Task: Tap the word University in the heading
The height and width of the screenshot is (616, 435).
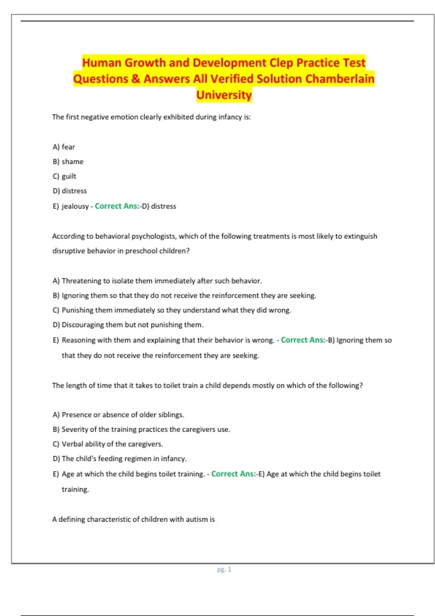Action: pyautogui.click(x=224, y=95)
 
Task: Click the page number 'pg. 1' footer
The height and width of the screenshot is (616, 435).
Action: pyautogui.click(x=224, y=569)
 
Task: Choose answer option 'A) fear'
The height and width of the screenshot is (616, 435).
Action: pyautogui.click(x=64, y=147)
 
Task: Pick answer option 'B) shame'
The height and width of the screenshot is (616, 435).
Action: pyautogui.click(x=68, y=162)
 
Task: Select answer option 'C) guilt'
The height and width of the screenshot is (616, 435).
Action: pyautogui.click(x=65, y=176)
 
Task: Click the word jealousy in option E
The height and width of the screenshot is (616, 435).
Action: pyautogui.click(x=75, y=206)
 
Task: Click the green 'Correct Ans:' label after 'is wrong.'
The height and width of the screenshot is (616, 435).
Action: pyautogui.click(x=303, y=340)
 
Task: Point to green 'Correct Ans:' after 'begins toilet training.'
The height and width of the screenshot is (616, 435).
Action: pyautogui.click(x=233, y=474)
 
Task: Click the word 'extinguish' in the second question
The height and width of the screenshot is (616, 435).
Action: pyautogui.click(x=360, y=236)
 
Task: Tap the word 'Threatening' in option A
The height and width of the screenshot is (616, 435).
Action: pyautogui.click(x=82, y=281)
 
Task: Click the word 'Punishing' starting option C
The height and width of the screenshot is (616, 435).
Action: pyautogui.click(x=78, y=310)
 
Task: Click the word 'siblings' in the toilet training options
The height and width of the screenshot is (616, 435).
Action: pyautogui.click(x=170, y=415)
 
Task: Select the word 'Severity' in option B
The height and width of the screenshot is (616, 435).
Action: pyautogui.click(x=75, y=429)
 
